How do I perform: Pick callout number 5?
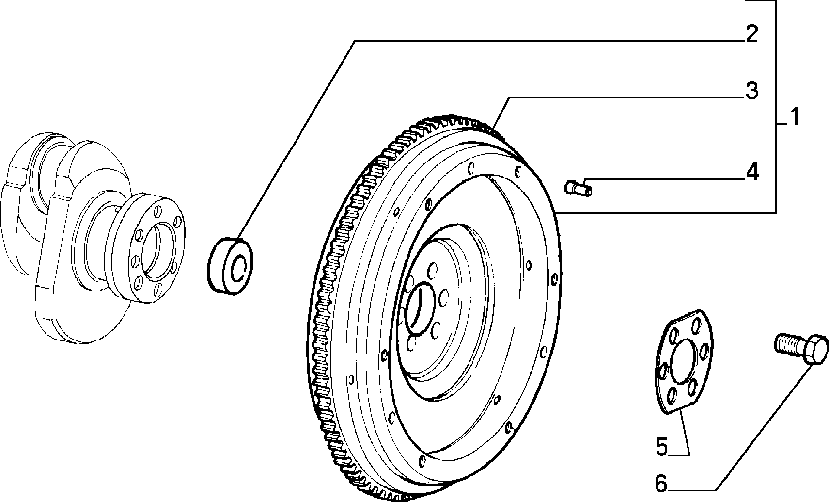click(x=661, y=447)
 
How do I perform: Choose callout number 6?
click(x=661, y=484)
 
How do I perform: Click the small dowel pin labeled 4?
click(x=578, y=188)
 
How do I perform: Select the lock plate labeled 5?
click(x=683, y=362)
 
